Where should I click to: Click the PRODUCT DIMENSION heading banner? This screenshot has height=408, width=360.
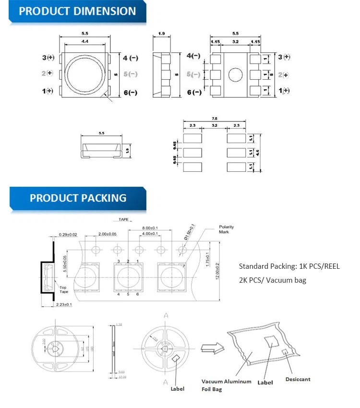pyautogui.click(x=77, y=12)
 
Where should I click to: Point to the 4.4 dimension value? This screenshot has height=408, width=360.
pyautogui.click(x=84, y=42)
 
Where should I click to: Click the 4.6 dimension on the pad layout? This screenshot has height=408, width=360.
pyautogui.click(x=257, y=153)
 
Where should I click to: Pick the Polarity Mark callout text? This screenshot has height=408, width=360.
pyautogui.click(x=226, y=229)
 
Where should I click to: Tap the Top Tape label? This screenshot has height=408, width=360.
pyautogui.click(x=64, y=289)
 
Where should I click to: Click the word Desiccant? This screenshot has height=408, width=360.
pyautogui.click(x=298, y=379)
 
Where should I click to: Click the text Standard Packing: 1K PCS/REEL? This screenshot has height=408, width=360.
pyautogui.click(x=289, y=266)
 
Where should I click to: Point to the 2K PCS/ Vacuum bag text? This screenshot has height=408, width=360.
pyautogui.click(x=272, y=280)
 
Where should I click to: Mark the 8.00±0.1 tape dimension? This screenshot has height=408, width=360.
pyautogui.click(x=150, y=228)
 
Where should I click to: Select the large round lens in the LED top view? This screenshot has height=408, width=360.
pyautogui.click(x=85, y=74)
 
